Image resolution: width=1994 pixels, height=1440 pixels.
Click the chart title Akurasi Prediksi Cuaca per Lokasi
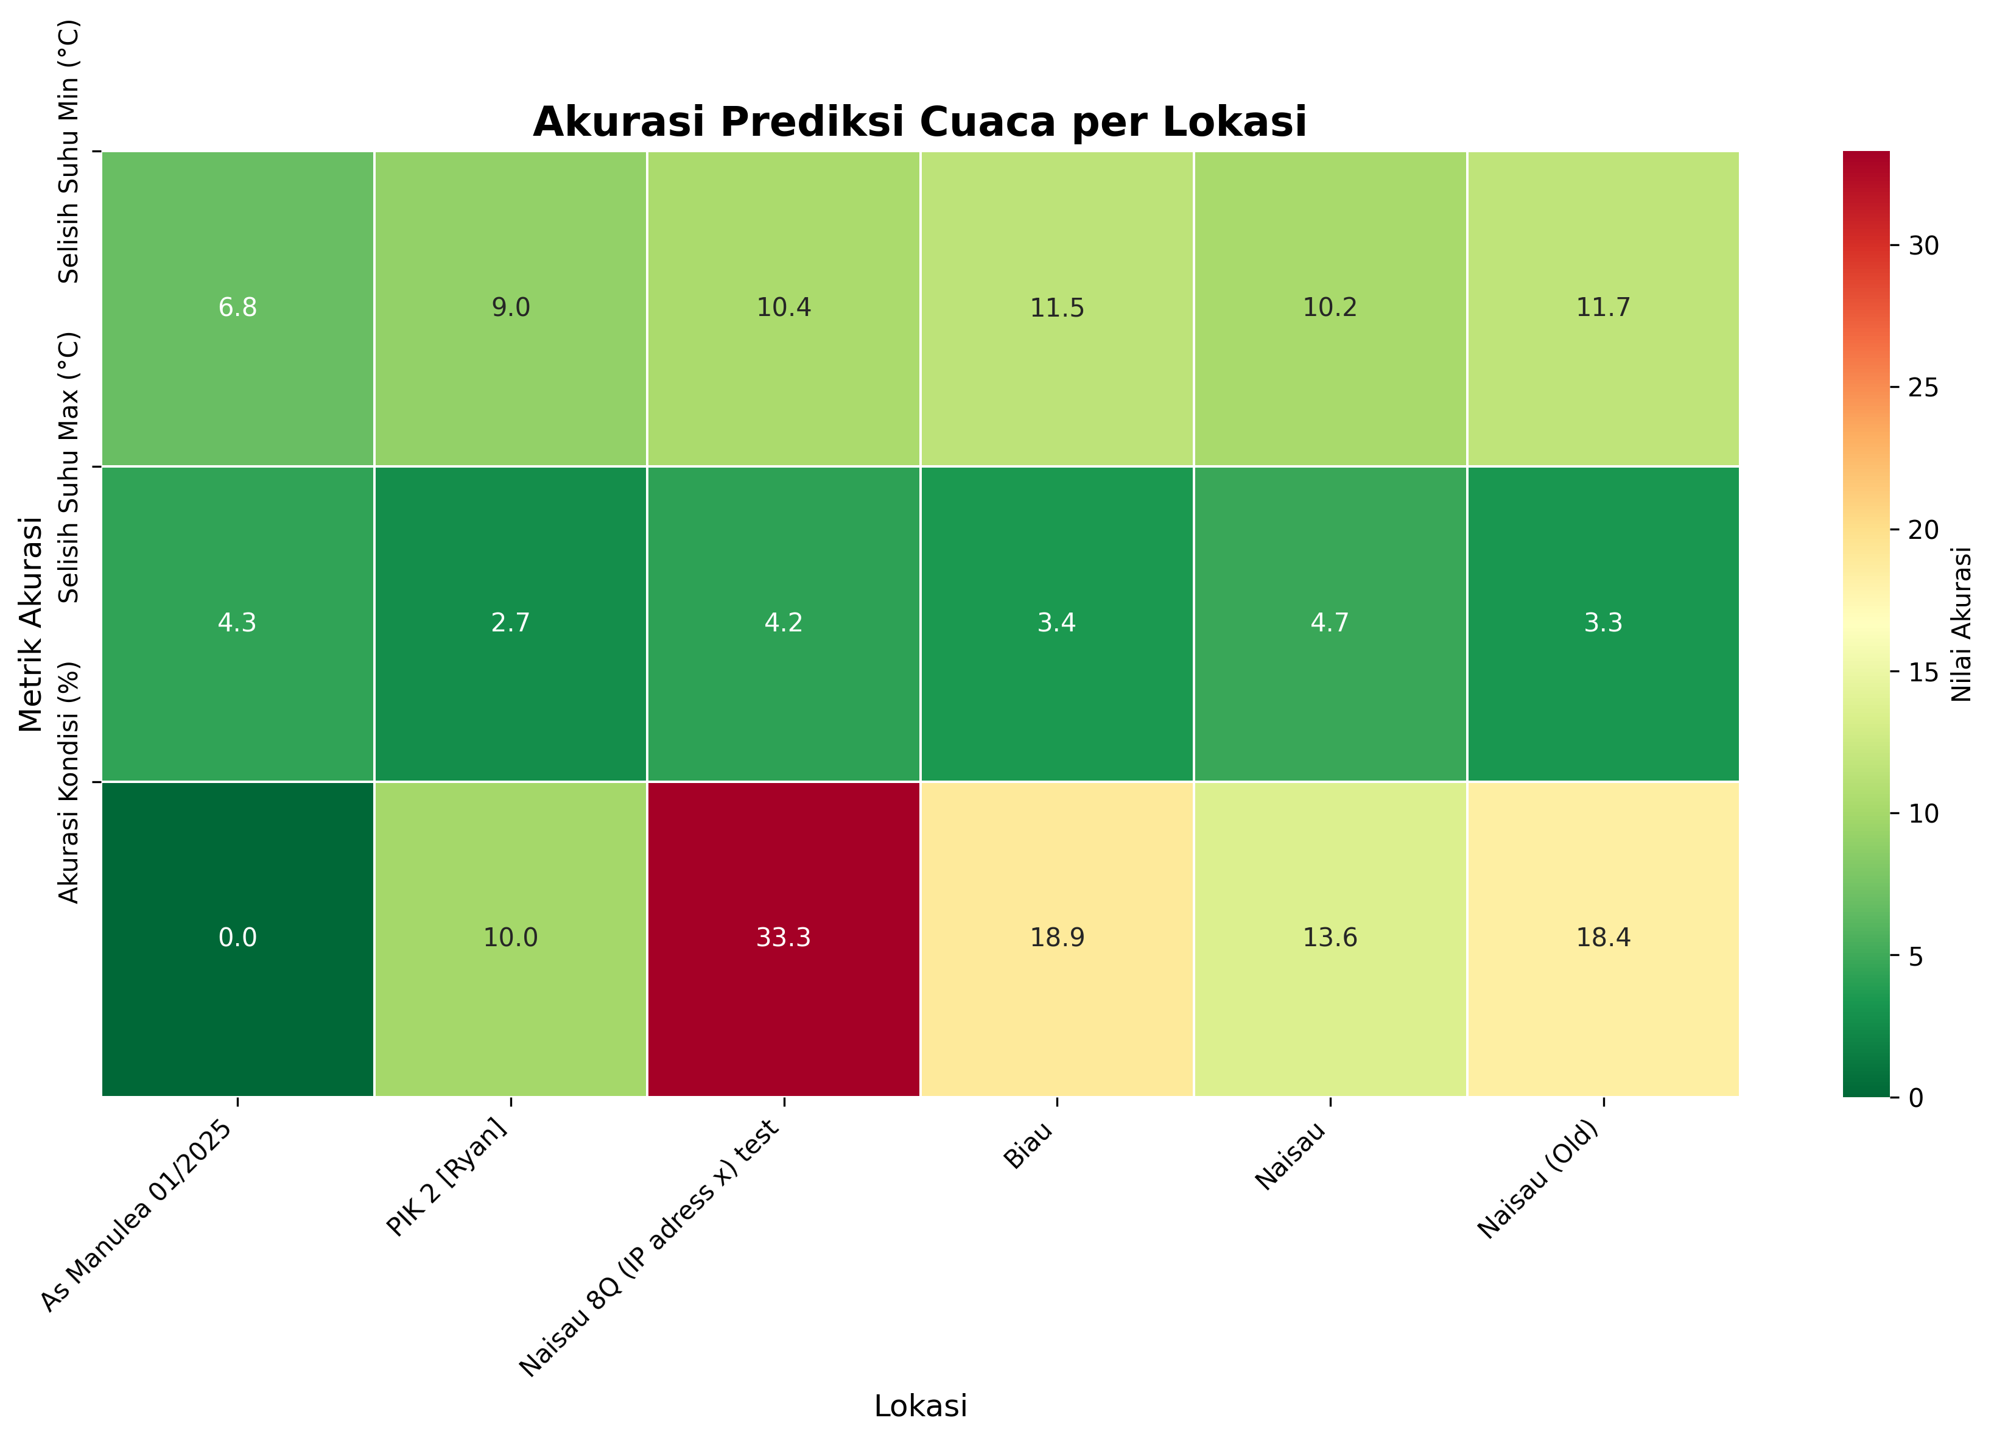[919, 121]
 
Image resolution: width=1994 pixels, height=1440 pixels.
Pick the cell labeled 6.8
[237, 307]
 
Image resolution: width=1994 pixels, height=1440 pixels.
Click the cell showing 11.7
[1603, 307]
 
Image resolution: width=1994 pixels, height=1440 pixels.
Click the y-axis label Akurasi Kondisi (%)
[69, 782]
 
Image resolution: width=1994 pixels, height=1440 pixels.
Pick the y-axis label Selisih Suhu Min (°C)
[69, 151]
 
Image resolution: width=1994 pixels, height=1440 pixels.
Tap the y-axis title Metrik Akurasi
[31, 623]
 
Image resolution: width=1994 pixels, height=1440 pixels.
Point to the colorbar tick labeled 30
[1923, 246]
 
